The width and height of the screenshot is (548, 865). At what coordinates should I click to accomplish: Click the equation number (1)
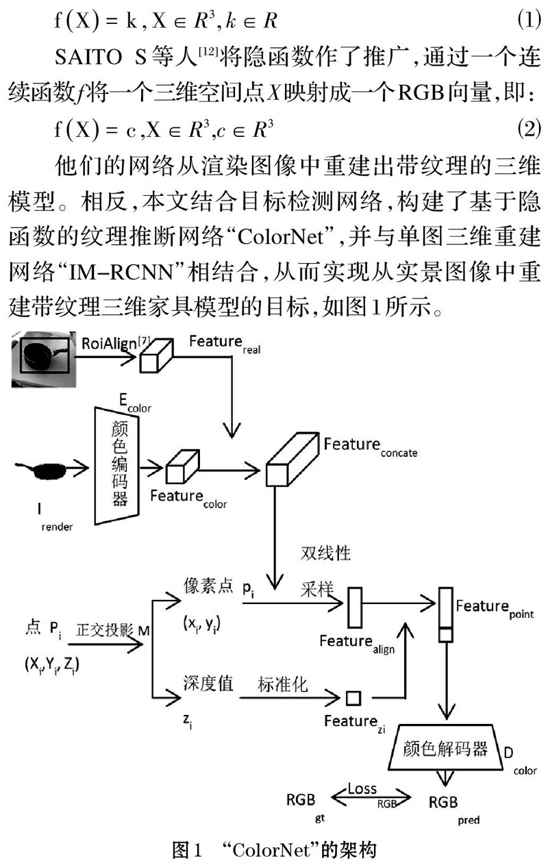pos(529,20)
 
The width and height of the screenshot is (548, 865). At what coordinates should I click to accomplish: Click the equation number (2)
pos(529,129)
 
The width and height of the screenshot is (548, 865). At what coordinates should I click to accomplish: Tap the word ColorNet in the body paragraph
pos(280,237)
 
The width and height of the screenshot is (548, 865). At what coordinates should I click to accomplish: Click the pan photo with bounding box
pos(44,359)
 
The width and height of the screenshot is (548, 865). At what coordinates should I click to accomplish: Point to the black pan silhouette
pos(41,470)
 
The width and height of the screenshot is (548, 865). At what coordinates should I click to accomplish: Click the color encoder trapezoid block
pos(117,466)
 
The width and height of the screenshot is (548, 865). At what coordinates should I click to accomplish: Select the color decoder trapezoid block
pos(445,747)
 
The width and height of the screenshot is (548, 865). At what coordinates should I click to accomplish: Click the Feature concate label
pos(370,446)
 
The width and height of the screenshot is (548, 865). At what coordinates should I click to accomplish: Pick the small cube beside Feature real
pos(155,355)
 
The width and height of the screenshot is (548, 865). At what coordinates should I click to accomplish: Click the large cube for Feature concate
pos(292,459)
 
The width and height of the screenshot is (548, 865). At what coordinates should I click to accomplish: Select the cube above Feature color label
pos(182,466)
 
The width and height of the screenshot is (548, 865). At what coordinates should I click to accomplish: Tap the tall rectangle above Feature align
pos(355,607)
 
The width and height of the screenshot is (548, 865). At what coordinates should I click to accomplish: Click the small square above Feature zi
pos(353,698)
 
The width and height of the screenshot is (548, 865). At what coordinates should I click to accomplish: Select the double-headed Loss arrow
pos(371,797)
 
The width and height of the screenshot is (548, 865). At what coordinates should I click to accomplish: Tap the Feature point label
pos(495,608)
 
